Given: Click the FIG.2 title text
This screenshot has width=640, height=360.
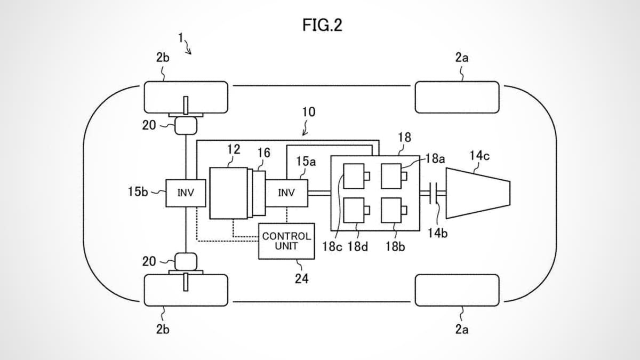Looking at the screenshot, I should [x=322, y=26].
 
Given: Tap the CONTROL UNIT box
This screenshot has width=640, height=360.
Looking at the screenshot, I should [x=286, y=241].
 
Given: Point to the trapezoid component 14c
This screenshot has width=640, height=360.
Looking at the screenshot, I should [x=477, y=193].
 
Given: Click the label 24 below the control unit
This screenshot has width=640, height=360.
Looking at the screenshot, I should [x=301, y=278].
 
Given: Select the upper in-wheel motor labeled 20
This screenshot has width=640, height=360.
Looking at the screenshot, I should [x=186, y=126].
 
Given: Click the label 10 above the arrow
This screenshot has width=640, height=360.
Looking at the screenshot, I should [x=308, y=112].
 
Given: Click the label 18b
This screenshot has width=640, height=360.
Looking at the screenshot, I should [x=395, y=247].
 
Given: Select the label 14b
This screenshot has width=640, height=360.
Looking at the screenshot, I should [x=437, y=233].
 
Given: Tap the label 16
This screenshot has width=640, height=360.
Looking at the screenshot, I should [x=263, y=153].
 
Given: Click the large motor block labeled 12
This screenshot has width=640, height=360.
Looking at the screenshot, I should [x=228, y=193].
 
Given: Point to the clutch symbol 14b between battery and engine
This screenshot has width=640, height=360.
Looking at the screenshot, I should [x=435, y=193].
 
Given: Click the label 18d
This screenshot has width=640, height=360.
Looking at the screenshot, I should [x=358, y=247].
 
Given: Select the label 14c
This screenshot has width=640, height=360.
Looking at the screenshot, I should [x=479, y=156].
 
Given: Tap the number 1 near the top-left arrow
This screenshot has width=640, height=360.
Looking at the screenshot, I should [x=181, y=38].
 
